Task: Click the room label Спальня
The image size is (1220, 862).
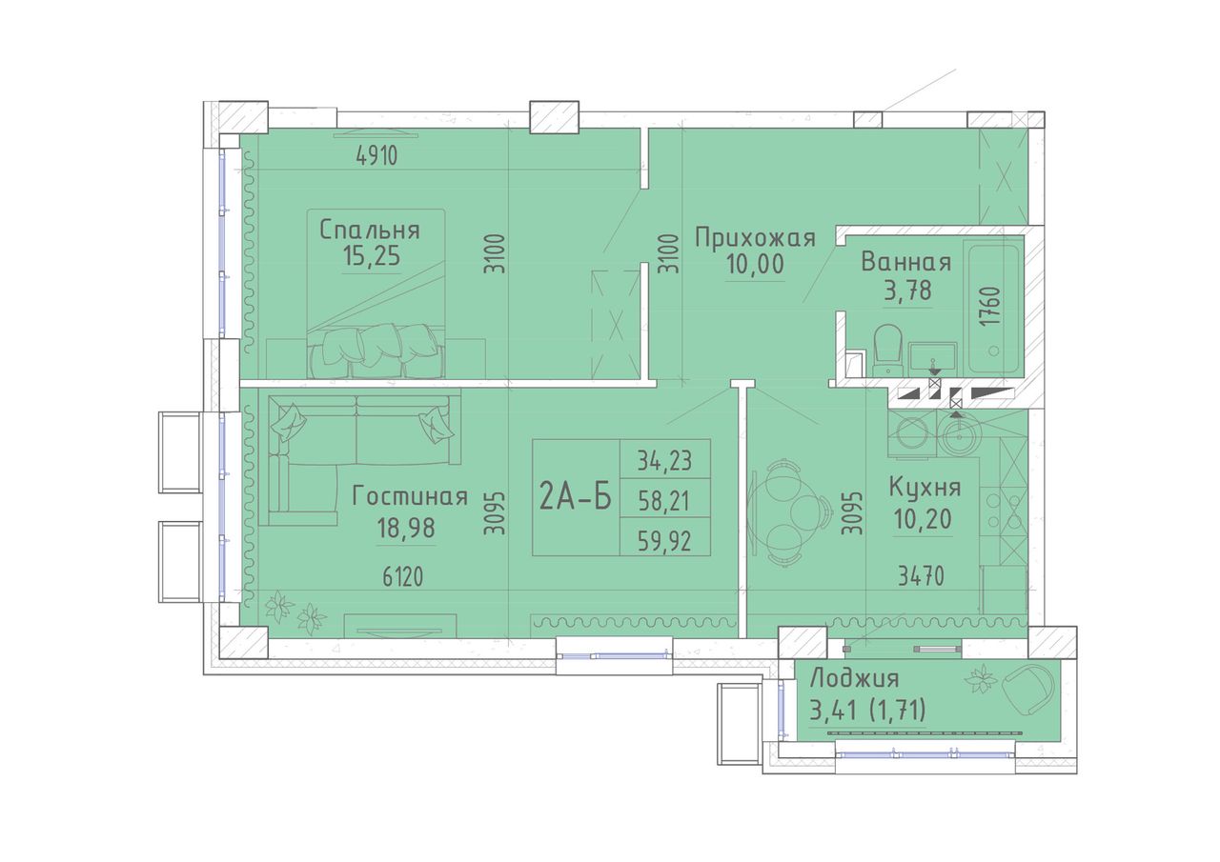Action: tap(370, 231)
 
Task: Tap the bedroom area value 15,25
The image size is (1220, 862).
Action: tap(372, 256)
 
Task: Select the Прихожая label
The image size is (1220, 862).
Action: tap(755, 239)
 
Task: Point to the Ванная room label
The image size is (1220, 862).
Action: tap(905, 263)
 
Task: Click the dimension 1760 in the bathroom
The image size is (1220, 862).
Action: tap(993, 306)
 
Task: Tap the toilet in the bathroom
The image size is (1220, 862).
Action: tap(887, 350)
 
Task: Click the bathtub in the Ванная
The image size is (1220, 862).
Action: tap(993, 309)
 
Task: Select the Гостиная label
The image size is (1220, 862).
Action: tap(410, 497)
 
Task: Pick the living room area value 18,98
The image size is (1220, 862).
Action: tap(406, 527)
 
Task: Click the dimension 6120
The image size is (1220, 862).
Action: tap(402, 577)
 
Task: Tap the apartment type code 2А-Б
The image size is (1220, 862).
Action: tap(575, 498)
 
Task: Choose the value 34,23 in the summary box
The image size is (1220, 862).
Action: tap(664, 461)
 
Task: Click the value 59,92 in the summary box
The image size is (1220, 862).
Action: tap(664, 541)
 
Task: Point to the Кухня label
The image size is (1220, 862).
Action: tap(925, 488)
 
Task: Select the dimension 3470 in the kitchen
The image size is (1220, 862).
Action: tap(921, 577)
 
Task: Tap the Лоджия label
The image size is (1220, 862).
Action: tap(854, 680)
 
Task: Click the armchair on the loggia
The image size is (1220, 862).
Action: tap(1027, 690)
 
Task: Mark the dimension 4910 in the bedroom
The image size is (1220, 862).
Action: tap(376, 157)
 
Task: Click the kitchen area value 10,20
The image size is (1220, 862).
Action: tap(922, 518)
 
